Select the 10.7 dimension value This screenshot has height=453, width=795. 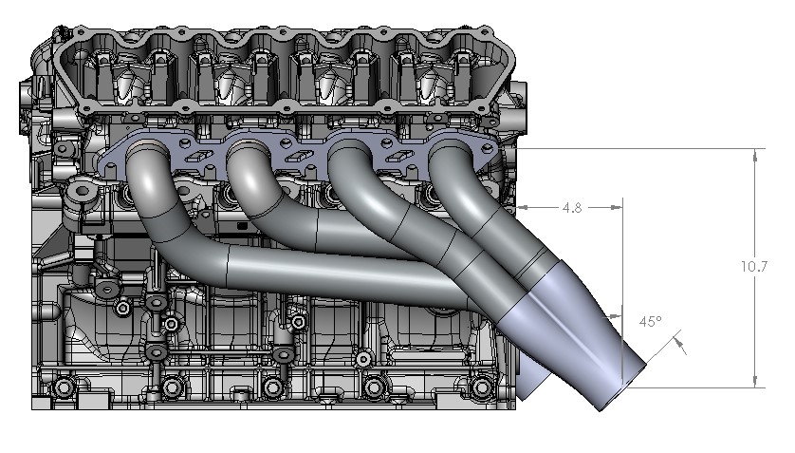coord(755,267)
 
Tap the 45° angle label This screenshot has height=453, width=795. coord(650,322)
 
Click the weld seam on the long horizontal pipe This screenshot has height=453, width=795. coord(229,261)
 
